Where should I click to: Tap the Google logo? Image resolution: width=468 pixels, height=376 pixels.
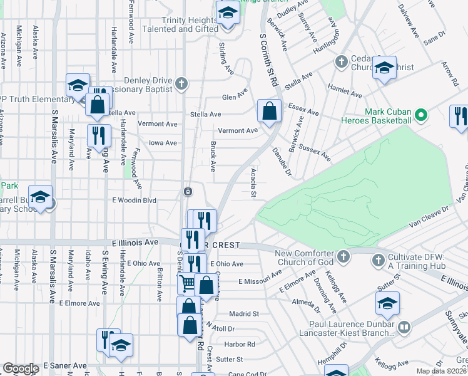click(x=20, y=368)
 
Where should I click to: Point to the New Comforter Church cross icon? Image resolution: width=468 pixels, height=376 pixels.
click(x=343, y=256)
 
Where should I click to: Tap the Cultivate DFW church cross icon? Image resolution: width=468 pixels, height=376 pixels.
click(x=377, y=259)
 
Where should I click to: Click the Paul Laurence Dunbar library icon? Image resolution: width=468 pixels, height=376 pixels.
click(x=404, y=327)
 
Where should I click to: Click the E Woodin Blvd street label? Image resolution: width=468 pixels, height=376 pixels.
click(x=133, y=200)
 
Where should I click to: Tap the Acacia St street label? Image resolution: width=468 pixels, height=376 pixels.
click(x=253, y=183)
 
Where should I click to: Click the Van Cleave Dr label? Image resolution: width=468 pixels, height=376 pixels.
click(x=429, y=217)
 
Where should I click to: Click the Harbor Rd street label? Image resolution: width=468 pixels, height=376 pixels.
click(x=240, y=344)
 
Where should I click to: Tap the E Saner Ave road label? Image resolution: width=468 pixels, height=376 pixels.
click(x=64, y=365)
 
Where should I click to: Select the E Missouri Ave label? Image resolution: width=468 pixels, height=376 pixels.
click(x=258, y=282)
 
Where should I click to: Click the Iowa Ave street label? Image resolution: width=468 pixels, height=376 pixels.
click(x=163, y=143)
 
